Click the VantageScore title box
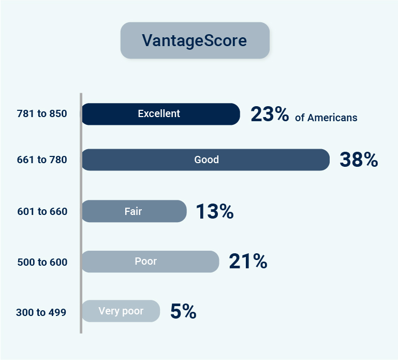click(195, 40)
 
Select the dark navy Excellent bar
click(160, 114)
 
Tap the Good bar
click(205, 160)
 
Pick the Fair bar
click(134, 211)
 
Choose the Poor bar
click(150, 262)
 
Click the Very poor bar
click(121, 311)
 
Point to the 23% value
click(270, 114)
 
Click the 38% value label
click(359, 160)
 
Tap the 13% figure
click(215, 211)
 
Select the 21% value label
click(248, 261)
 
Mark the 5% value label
click(183, 311)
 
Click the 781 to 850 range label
click(42, 113)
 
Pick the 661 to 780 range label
click(42, 160)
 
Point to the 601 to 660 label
click(42, 211)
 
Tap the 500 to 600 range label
click(42, 262)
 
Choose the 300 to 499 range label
click(41, 312)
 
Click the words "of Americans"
click(326, 118)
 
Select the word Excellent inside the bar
click(159, 113)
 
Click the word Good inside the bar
click(207, 160)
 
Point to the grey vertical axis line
click(81, 213)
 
